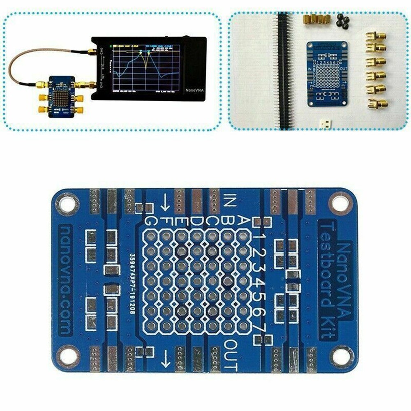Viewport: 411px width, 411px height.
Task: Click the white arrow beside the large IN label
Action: [166, 202]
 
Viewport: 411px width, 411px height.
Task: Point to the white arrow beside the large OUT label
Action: [166, 358]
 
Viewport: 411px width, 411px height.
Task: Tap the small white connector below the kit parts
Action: [324, 123]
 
